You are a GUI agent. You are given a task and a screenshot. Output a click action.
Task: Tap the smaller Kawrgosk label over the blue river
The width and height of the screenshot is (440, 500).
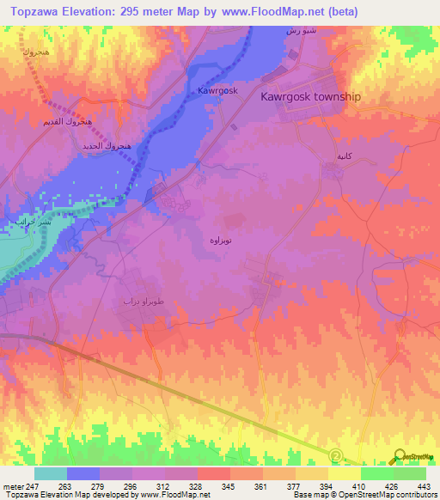pos(217,90)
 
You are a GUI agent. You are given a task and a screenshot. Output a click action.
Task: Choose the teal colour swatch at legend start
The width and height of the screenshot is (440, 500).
pos(51,473)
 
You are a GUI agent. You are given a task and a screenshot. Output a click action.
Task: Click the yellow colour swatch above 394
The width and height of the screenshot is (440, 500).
pos(344,473)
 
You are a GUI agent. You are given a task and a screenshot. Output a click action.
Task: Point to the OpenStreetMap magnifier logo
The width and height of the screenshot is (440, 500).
pos(399,454)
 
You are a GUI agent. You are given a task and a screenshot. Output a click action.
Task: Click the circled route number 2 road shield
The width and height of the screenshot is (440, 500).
pos(336,455)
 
